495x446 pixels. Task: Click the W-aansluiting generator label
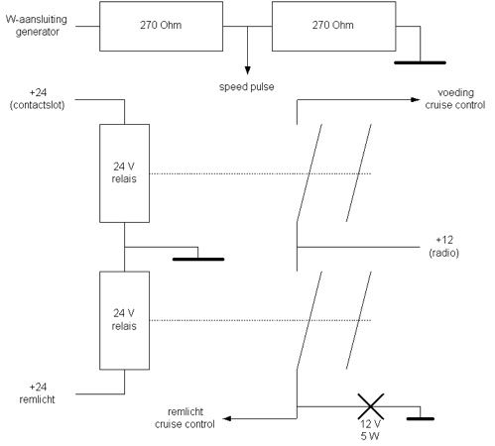pos(37,26)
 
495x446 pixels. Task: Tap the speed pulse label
pos(247,87)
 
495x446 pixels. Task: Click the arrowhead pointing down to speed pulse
pos(247,70)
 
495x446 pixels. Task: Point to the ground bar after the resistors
pos(420,62)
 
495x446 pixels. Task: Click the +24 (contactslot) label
pos(38,99)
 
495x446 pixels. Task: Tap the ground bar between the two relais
pos(198,260)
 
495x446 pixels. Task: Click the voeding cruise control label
pos(455,99)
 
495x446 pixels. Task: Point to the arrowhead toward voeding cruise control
pos(416,99)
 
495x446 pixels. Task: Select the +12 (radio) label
pos(444,247)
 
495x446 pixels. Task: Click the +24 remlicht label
pos(38,393)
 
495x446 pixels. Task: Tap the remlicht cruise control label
pos(185,418)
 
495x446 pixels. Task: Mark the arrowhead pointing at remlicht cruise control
pos(227,418)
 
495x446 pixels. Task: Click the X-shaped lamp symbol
pos(371,406)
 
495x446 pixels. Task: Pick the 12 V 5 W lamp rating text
pos(370,430)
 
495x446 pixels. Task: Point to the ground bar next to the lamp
pos(421,418)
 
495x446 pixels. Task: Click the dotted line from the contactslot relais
pos(260,173)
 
